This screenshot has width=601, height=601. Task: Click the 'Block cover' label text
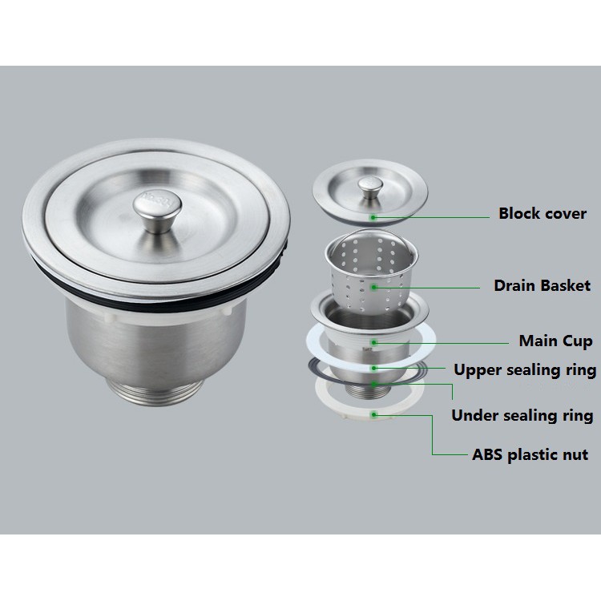click(543, 214)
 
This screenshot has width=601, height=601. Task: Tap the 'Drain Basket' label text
click(542, 284)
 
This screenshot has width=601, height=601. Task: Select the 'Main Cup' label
click(555, 341)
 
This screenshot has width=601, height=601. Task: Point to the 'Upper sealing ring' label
click(524, 369)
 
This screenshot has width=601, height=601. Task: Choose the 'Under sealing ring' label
click(522, 415)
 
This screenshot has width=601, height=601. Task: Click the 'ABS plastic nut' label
click(530, 454)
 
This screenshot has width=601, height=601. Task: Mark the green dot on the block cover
click(373, 216)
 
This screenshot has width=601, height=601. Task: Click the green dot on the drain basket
click(373, 285)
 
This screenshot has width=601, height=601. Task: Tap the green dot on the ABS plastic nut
click(374, 413)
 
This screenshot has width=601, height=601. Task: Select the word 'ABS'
click(487, 454)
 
